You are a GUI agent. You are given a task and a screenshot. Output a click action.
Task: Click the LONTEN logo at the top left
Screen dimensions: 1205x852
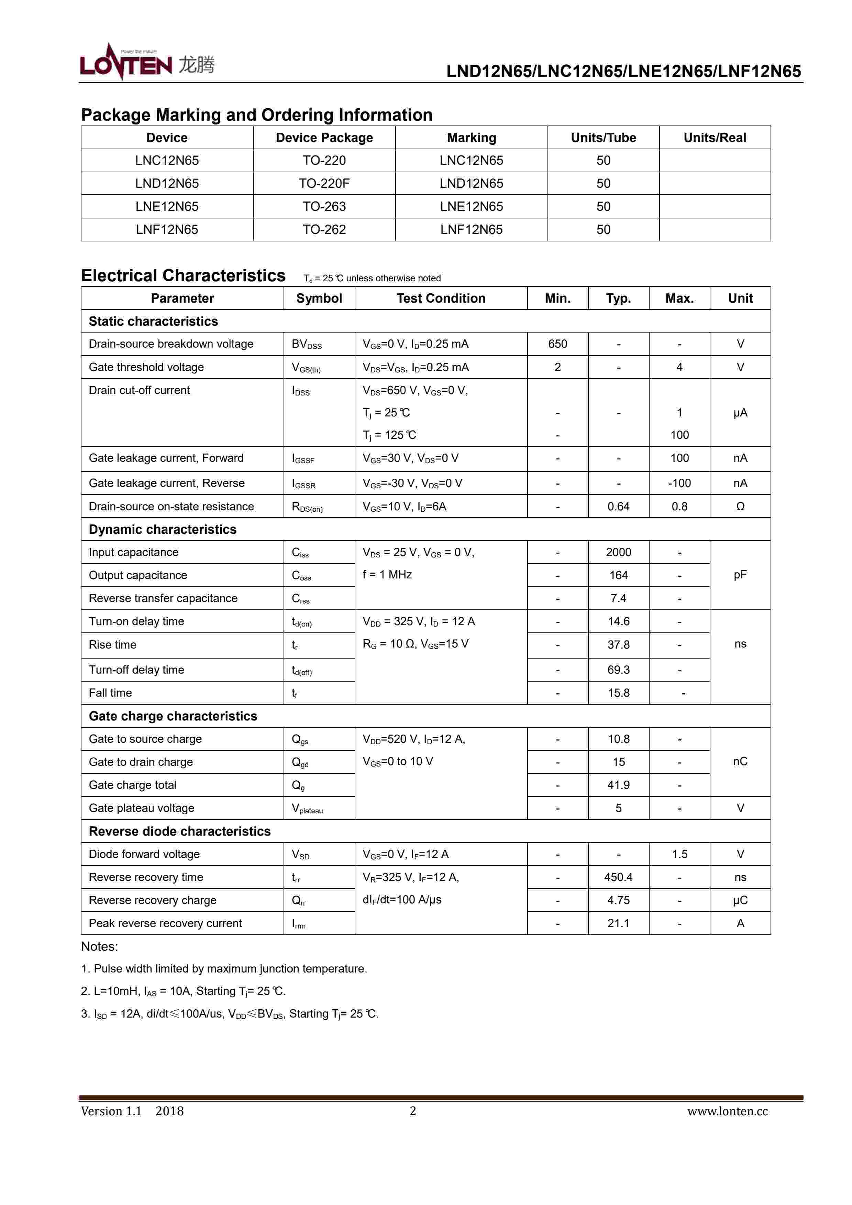147,63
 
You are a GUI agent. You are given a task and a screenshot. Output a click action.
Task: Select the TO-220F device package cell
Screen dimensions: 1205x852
324,184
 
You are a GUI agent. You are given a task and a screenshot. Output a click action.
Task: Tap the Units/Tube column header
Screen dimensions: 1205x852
603,138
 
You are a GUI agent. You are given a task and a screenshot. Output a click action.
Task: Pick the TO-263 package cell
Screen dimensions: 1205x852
324,207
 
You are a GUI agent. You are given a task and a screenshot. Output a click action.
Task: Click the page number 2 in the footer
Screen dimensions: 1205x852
412,1111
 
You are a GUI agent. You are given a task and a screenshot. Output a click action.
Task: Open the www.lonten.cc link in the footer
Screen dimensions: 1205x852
727,1111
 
